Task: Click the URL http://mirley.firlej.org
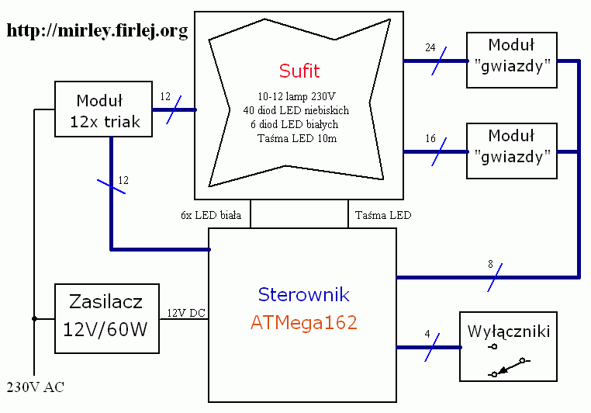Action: (98, 31)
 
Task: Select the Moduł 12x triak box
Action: (104, 110)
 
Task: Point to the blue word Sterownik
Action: (303, 295)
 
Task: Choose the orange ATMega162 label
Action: (303, 323)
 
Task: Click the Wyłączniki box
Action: (509, 346)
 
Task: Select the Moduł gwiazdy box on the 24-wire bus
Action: (512, 61)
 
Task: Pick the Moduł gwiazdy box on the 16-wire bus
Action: (512, 150)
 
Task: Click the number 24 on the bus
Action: (430, 47)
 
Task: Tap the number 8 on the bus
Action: (490, 265)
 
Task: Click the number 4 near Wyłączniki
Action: (427, 335)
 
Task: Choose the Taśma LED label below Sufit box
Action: (382, 214)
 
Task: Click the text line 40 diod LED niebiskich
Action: (295, 110)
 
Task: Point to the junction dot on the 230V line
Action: (34, 318)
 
